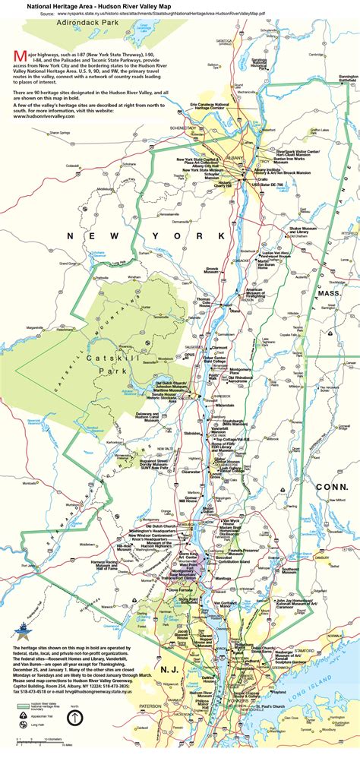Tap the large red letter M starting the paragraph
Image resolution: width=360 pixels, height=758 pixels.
coord(19,58)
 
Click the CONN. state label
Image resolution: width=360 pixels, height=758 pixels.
coord(332,487)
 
